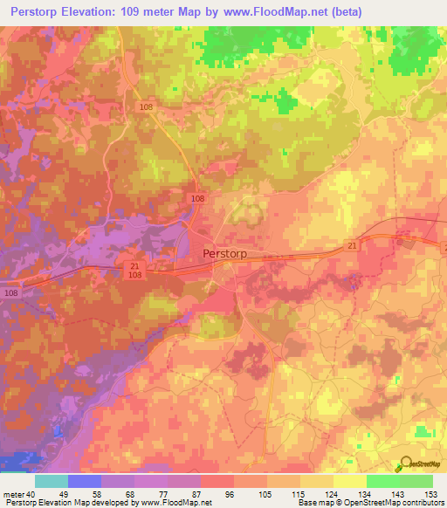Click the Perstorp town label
coord(224,253)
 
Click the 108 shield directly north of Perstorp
coord(198,199)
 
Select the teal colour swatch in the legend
coord(52,481)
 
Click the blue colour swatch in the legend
coord(85,481)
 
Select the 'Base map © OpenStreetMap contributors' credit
coord(368,503)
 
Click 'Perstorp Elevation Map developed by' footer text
coord(65,503)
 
